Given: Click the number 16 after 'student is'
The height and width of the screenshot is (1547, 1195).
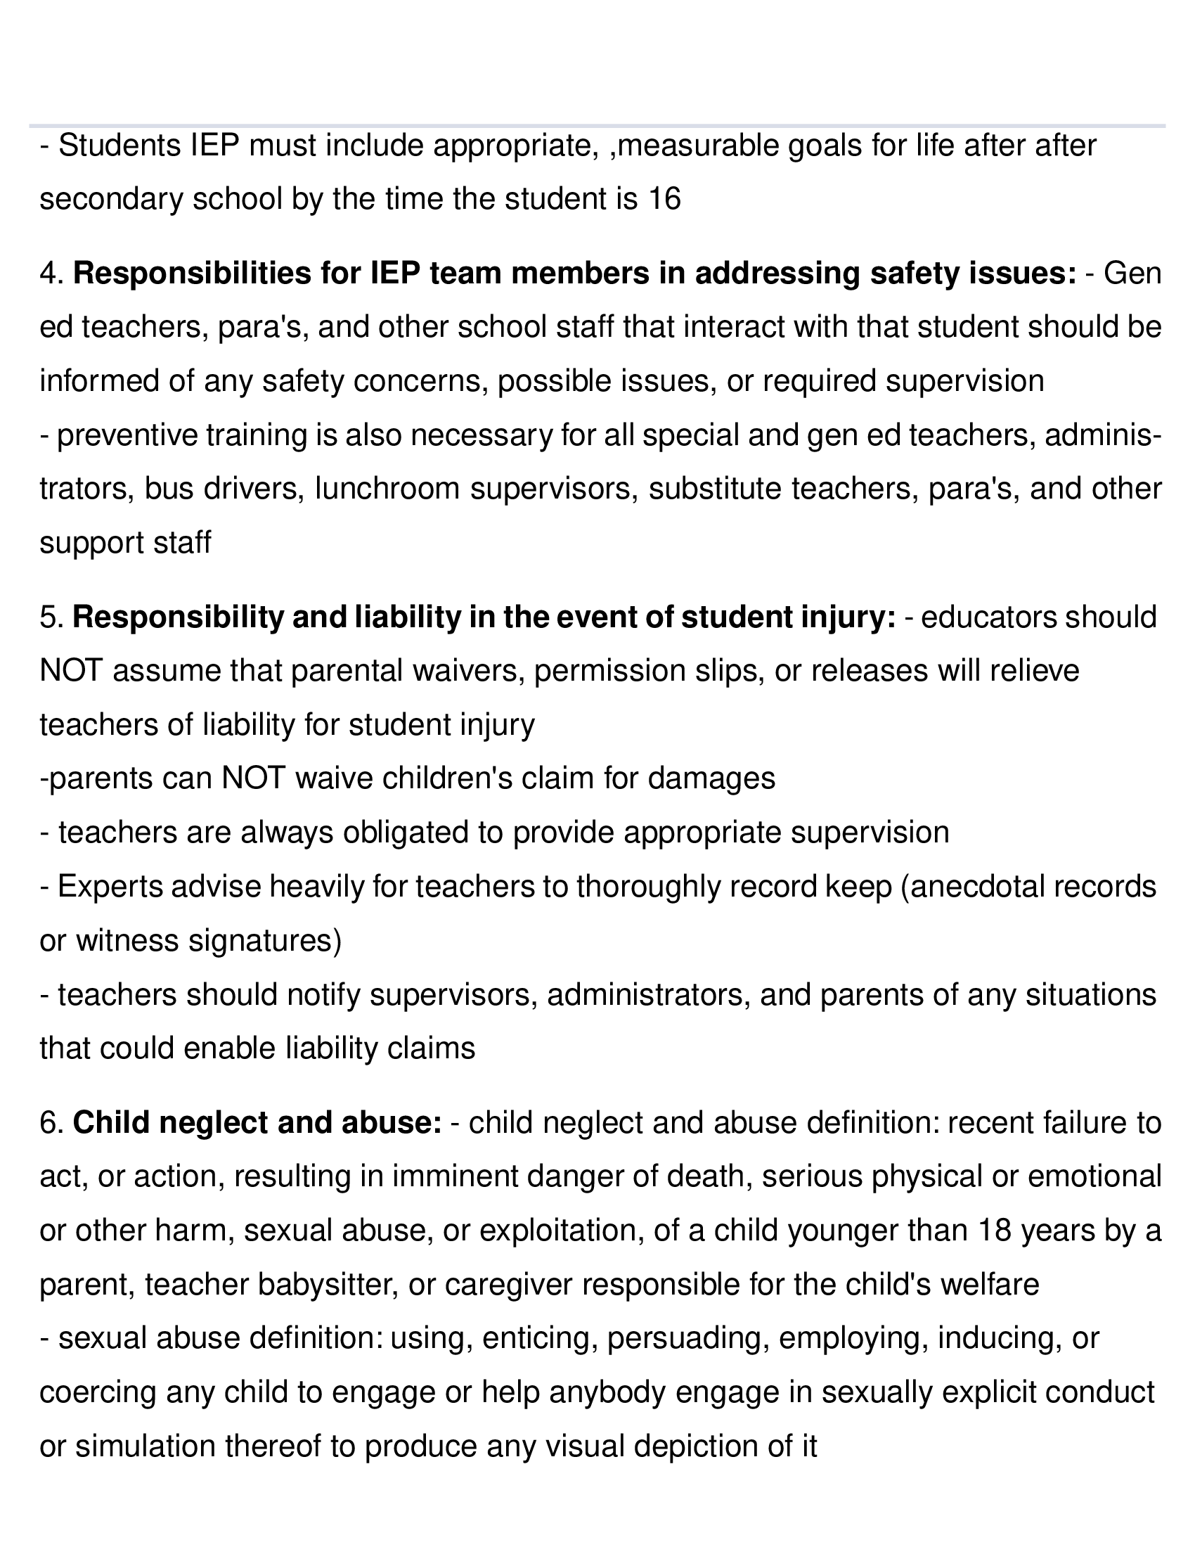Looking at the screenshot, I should click(664, 199).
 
